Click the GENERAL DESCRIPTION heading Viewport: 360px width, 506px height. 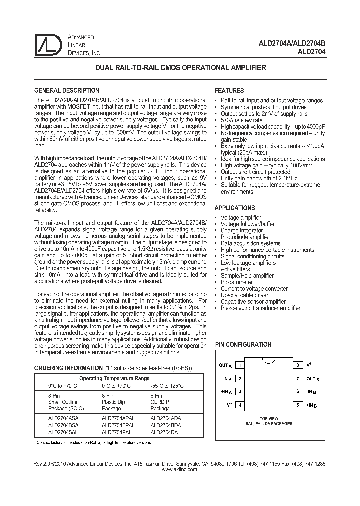(66, 91)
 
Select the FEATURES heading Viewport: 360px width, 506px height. (229, 91)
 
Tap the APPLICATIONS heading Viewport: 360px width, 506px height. (234, 208)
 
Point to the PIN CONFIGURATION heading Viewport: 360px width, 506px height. (243, 345)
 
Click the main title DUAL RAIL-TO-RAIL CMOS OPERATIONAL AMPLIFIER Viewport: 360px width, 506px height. (180, 67)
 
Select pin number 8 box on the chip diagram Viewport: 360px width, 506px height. (297, 365)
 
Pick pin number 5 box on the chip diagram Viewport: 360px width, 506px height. (297, 405)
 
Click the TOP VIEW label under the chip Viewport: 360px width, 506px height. (269, 418)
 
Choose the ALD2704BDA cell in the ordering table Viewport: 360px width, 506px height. (166, 425)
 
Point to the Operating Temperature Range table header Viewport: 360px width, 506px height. (115, 379)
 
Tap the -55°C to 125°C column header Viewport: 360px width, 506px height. (166, 386)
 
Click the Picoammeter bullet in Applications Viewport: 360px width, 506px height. (237, 282)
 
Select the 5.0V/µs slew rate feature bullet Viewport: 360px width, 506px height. (241, 120)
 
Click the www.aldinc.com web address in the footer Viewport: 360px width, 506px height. (180, 470)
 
